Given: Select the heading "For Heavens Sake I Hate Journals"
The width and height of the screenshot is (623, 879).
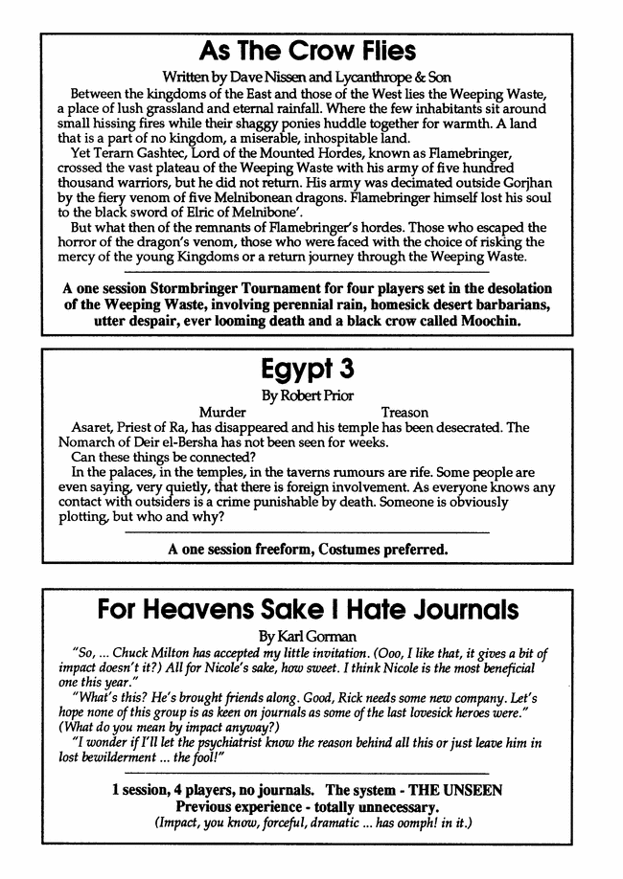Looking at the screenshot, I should (309, 609).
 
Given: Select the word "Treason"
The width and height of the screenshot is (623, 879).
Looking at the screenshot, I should (404, 413).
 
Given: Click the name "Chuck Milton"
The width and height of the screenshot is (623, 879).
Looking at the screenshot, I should (150, 653).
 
